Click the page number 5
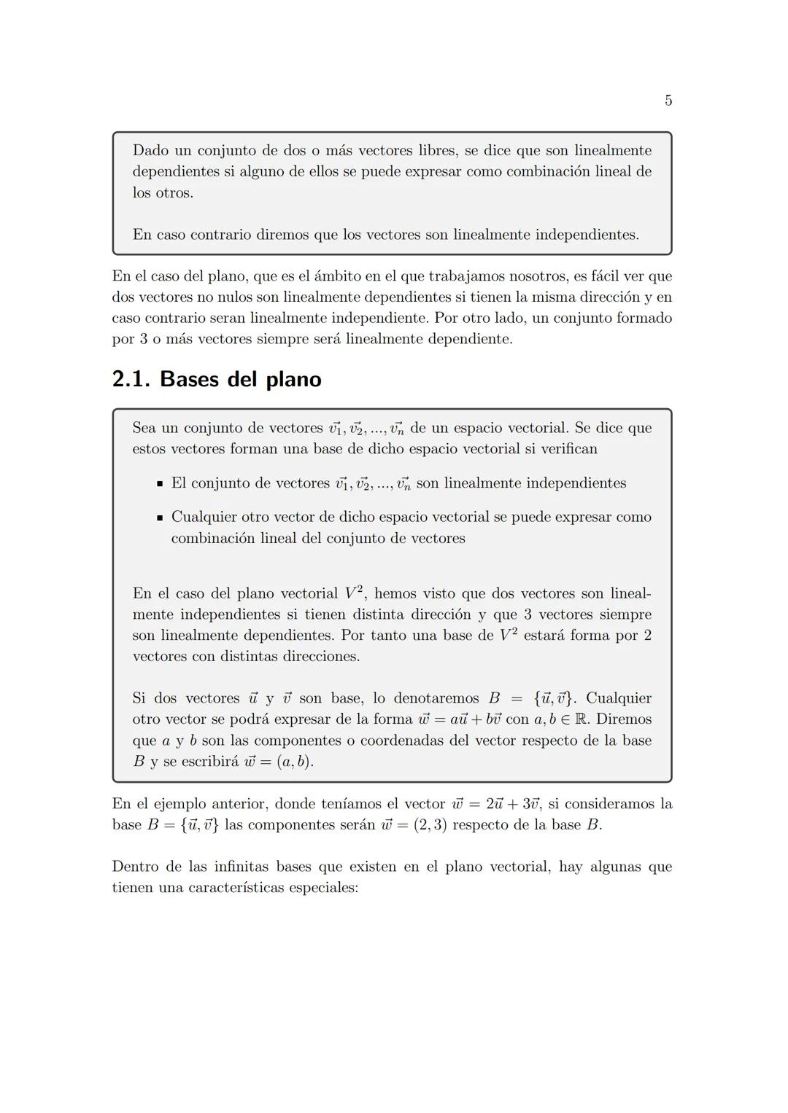(668, 101)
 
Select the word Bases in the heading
(189, 379)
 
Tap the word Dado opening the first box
(150, 151)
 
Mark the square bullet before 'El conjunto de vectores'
(159, 484)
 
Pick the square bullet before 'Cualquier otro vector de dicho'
(159, 518)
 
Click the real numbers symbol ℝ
(582, 719)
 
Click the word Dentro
(136, 867)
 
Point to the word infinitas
(242, 867)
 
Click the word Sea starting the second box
(144, 428)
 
